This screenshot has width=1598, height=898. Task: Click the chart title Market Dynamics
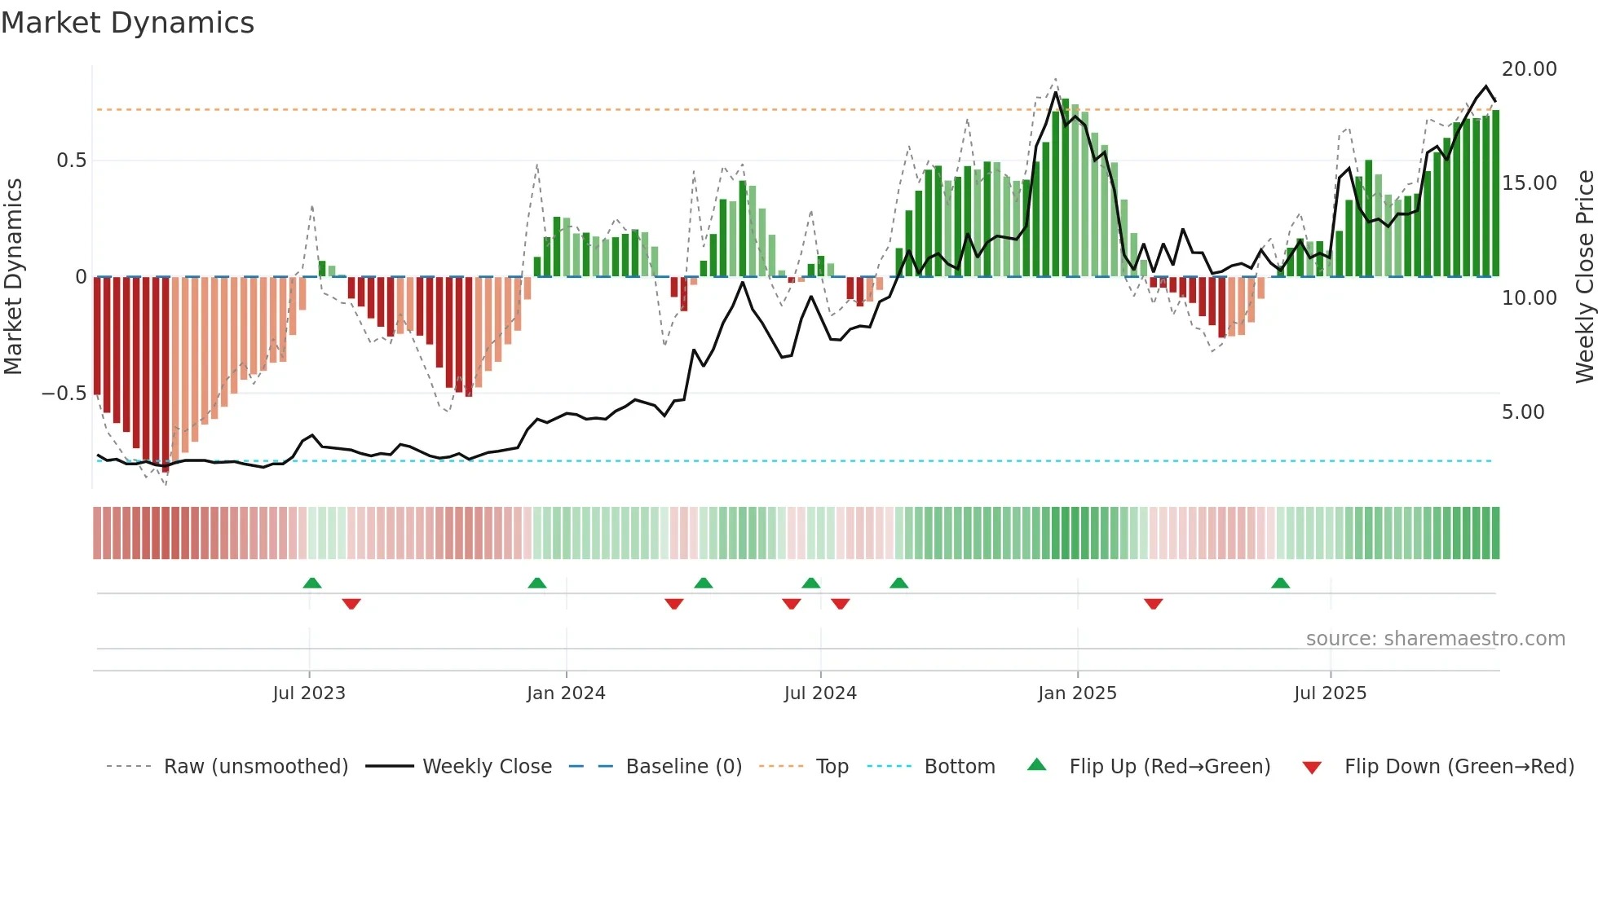[127, 23]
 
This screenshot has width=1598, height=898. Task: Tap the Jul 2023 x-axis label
[309, 693]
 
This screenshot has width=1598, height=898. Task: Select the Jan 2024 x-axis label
[566, 693]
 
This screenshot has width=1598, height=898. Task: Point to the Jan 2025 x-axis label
[1077, 693]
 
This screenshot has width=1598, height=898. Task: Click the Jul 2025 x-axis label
[1330, 693]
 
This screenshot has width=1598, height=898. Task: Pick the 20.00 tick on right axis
[1530, 69]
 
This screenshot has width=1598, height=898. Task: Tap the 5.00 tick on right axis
[1523, 412]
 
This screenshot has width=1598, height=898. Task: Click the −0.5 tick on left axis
[64, 394]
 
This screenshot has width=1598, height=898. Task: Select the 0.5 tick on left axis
[72, 161]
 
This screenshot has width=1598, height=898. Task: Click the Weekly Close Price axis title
[1584, 277]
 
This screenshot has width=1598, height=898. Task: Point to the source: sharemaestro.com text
[1435, 639]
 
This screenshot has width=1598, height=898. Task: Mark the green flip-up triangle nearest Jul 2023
[312, 583]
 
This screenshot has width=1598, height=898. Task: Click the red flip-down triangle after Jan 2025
[1153, 603]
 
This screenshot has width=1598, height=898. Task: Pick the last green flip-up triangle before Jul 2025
[1280, 583]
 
